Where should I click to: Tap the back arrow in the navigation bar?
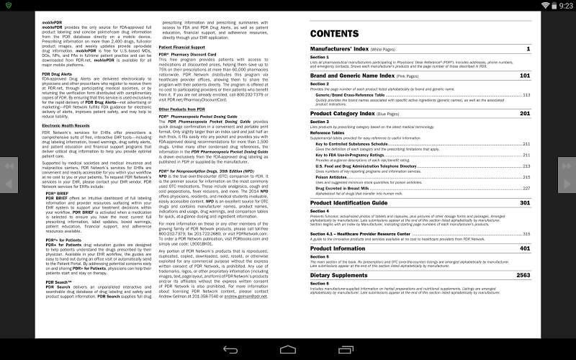coord(230,350)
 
